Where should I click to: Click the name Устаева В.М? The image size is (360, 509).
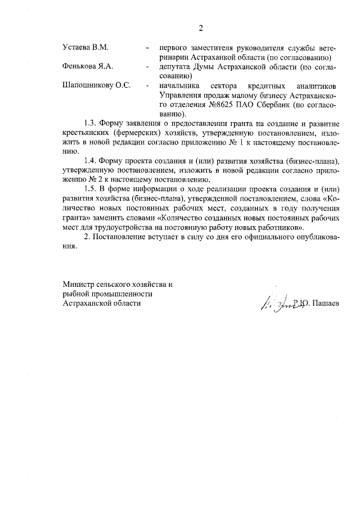click(x=85, y=47)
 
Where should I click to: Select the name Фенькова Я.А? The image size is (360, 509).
click(x=88, y=66)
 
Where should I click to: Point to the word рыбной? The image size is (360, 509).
click(x=76, y=294)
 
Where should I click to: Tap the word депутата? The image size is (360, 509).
click(x=175, y=66)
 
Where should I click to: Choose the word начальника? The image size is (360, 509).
click(x=179, y=86)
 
